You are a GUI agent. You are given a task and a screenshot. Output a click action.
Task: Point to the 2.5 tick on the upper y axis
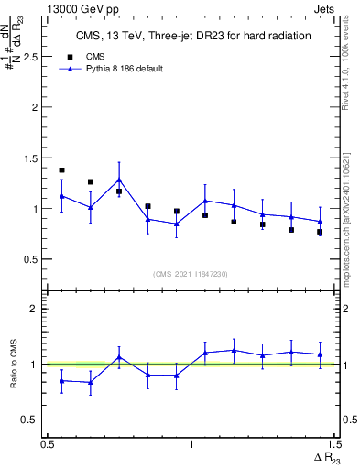[x=35, y=57]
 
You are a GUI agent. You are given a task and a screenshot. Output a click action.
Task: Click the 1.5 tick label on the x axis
[x=333, y=443]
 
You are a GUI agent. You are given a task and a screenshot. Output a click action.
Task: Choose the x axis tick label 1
[x=191, y=443]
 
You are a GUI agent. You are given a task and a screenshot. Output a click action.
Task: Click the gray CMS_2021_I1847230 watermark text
[x=191, y=274]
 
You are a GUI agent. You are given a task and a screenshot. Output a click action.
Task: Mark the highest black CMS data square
[x=61, y=170]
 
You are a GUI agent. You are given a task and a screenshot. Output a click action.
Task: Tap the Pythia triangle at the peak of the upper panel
[x=119, y=180]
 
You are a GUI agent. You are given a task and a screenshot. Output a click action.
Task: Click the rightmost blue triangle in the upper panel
[x=320, y=222]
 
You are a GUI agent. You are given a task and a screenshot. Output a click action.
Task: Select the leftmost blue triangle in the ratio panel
[x=61, y=380]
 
